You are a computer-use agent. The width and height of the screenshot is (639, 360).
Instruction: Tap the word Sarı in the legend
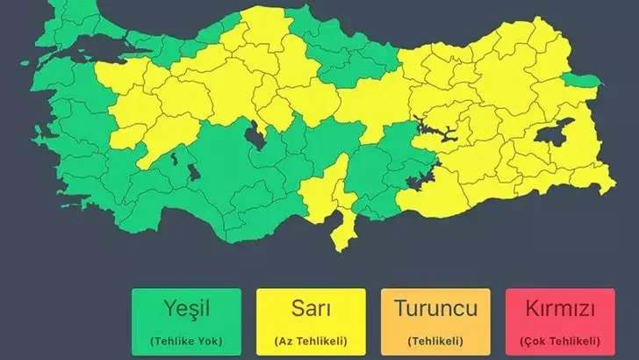311,309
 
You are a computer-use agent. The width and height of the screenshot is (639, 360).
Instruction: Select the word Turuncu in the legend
434,309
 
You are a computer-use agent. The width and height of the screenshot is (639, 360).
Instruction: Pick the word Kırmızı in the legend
559,309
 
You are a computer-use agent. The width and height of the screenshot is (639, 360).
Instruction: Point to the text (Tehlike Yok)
185,340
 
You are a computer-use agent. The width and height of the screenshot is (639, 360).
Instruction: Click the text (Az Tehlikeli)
311,340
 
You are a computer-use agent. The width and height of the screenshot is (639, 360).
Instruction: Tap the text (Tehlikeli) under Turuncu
434,340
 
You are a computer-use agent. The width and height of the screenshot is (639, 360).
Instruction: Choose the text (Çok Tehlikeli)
559,340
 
